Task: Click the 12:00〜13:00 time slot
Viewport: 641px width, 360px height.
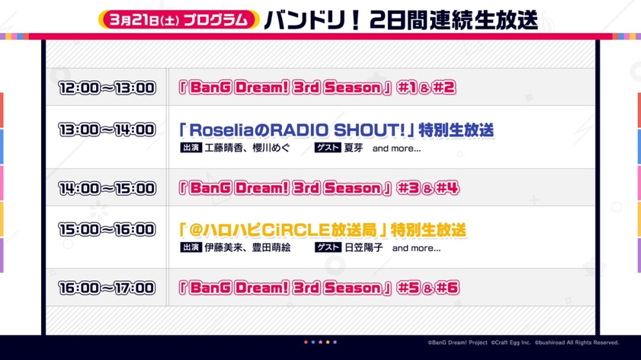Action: (107, 88)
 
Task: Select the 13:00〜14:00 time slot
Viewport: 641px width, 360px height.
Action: (107, 130)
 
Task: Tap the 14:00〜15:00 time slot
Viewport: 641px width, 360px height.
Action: (107, 188)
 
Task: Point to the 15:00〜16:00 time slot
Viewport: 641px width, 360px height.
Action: (107, 230)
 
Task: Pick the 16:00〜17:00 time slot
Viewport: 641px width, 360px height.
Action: (107, 288)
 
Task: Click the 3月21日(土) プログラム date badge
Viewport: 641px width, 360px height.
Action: (179, 20)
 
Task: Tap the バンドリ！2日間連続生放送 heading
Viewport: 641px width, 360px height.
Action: (401, 20)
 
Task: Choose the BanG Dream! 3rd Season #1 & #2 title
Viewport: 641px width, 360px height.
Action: (317, 88)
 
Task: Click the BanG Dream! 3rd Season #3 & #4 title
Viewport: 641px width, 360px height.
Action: (319, 188)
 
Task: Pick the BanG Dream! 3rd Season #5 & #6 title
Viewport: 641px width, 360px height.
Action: (319, 288)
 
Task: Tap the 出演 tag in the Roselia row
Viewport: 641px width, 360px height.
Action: (191, 147)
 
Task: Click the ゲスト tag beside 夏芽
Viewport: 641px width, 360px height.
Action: (328, 147)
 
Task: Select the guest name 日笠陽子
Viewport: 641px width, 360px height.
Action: (364, 248)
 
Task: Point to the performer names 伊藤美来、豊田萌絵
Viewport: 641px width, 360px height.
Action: (247, 248)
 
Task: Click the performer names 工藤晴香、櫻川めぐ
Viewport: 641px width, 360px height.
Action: (247, 148)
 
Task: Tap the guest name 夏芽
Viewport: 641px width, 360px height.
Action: (354, 148)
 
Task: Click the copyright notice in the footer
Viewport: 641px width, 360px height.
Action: (523, 343)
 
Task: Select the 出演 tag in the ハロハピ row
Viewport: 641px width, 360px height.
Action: (191, 247)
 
